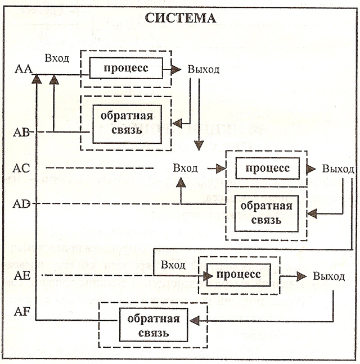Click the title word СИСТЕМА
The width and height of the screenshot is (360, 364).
coord(181,18)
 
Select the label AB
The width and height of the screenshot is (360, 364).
coord(22,133)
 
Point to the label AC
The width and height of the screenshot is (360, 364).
coord(23,167)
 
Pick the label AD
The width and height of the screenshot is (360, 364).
coord(23,203)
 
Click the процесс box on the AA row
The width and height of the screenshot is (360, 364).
coord(126,69)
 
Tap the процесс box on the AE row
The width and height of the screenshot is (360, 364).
coord(239,275)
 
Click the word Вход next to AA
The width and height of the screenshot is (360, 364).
coord(58,57)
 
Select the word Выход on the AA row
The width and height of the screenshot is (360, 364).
coord(203,70)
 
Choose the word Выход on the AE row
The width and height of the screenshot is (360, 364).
coord(328,276)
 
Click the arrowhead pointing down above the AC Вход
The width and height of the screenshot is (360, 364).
coord(199,145)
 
